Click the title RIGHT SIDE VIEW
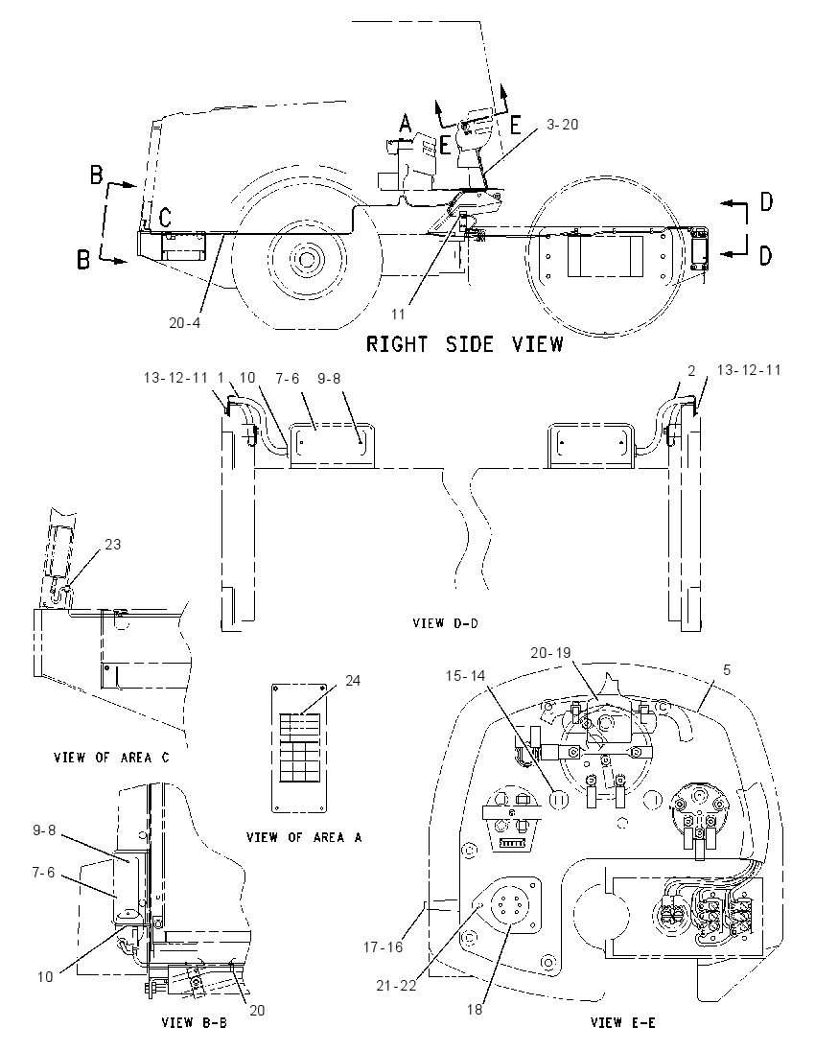[x=464, y=344]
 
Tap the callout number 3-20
[x=562, y=125]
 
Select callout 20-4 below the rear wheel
[x=184, y=322]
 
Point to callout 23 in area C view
[x=112, y=545]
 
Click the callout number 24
[x=353, y=681]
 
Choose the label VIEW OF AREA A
[x=304, y=837]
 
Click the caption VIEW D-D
[x=446, y=623]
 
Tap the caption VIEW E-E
[x=622, y=1023]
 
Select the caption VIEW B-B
[x=195, y=1023]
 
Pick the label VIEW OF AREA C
[x=111, y=758]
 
